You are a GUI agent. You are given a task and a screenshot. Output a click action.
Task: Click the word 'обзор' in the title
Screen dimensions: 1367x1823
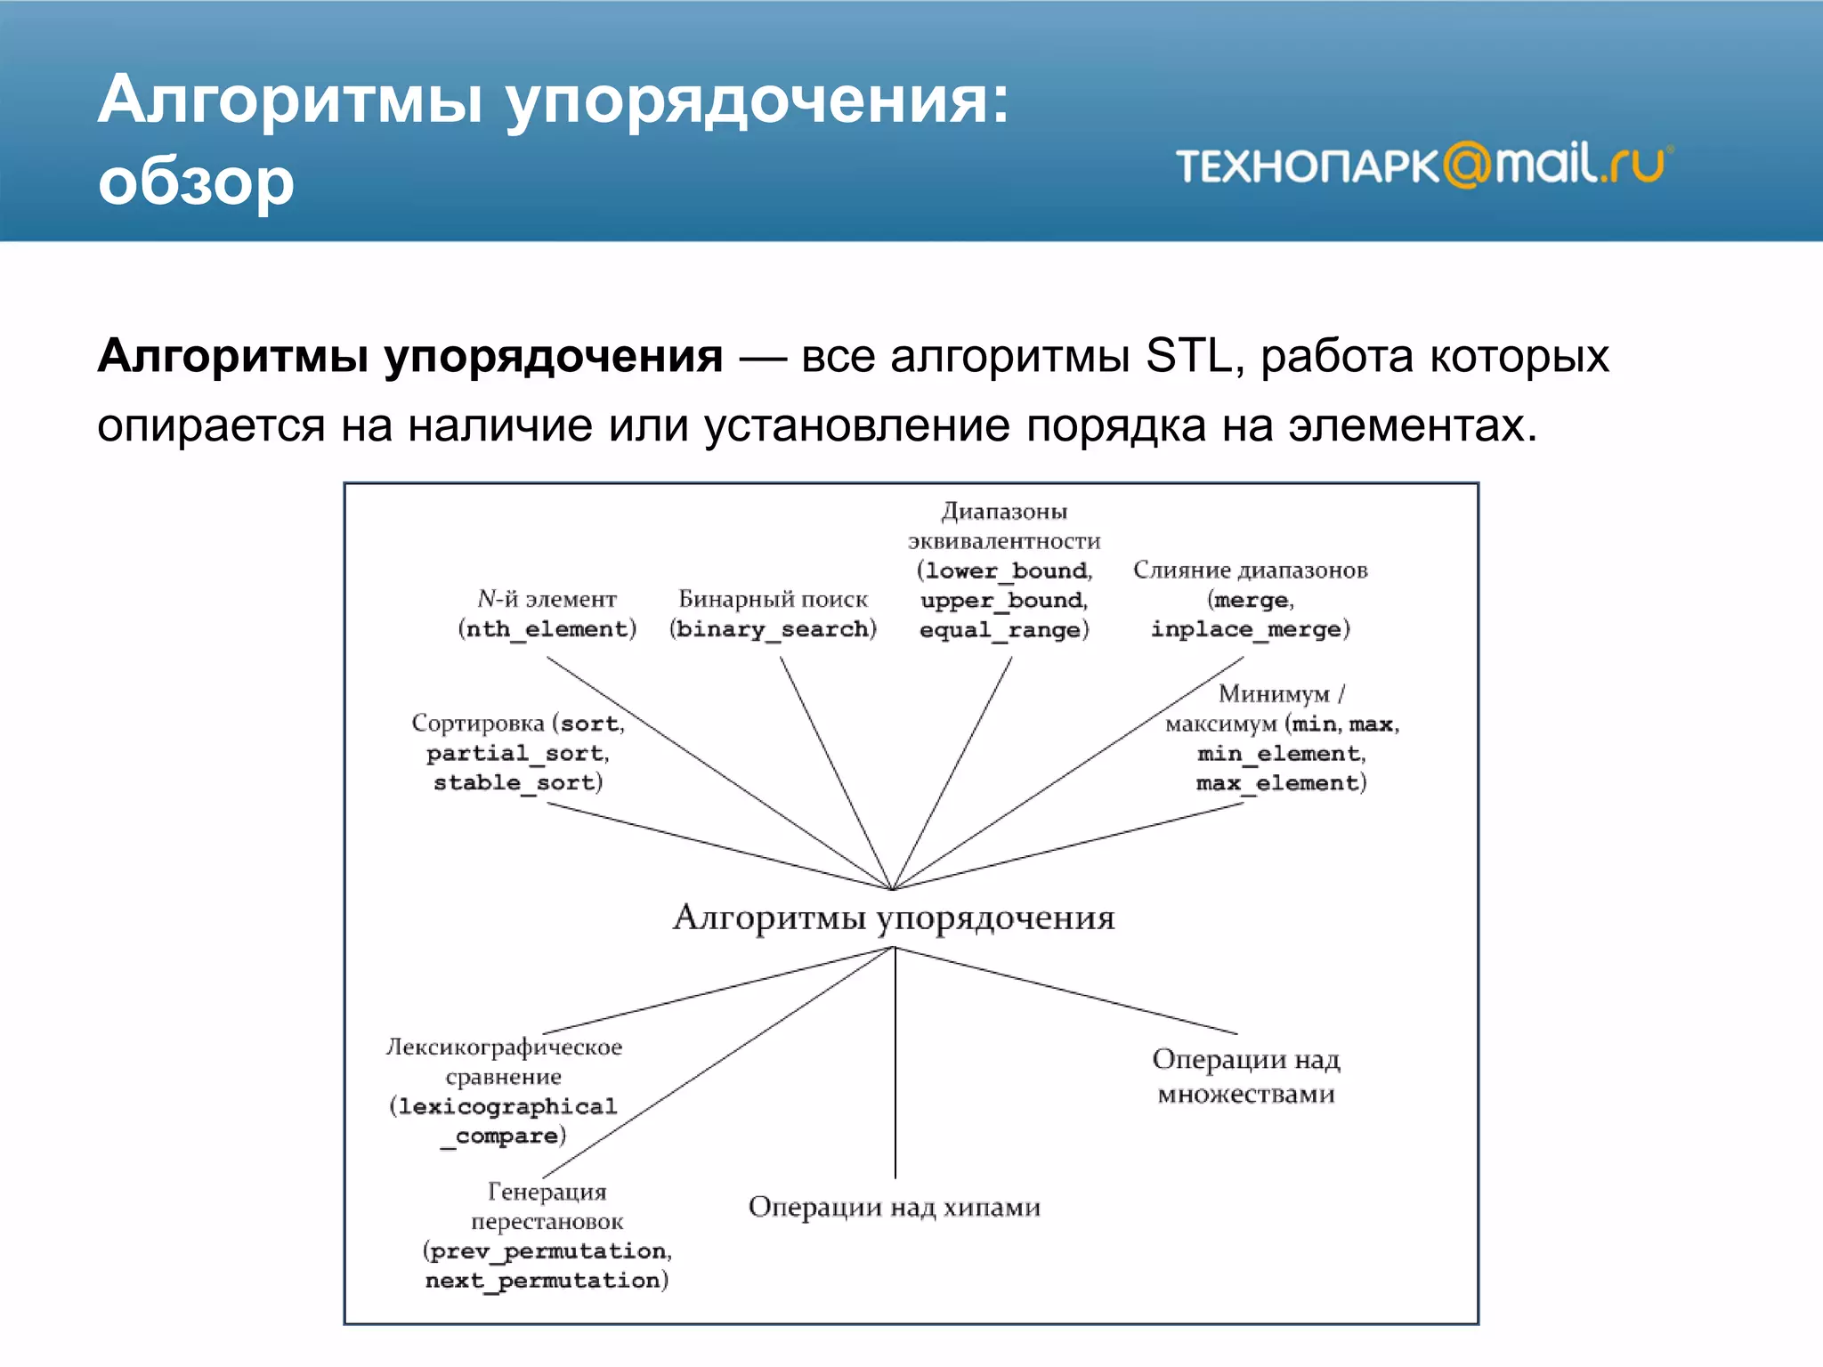coord(196,182)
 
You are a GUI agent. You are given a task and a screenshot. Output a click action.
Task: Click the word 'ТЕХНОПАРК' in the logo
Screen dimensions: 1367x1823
coord(1307,167)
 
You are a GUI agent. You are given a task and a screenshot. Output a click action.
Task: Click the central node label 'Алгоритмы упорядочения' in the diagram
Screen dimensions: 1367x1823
coord(894,918)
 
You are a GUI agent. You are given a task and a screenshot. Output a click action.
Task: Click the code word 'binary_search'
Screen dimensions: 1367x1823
coord(773,629)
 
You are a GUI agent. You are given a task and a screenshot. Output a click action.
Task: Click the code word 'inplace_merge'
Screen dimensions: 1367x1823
coord(1246,629)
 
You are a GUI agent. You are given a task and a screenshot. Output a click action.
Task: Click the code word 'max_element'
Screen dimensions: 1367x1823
coord(1277,783)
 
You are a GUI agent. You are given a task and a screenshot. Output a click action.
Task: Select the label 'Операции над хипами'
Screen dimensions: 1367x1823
coord(894,1208)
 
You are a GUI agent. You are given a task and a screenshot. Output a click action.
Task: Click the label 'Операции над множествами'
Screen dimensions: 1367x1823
coord(1245,1077)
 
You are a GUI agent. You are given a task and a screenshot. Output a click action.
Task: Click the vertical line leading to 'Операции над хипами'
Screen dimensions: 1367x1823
coord(895,1068)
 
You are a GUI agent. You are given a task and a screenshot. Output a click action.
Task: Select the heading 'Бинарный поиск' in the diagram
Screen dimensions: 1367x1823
coord(773,599)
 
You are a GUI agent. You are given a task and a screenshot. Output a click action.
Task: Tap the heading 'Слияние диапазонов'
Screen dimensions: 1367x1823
coord(1250,570)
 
